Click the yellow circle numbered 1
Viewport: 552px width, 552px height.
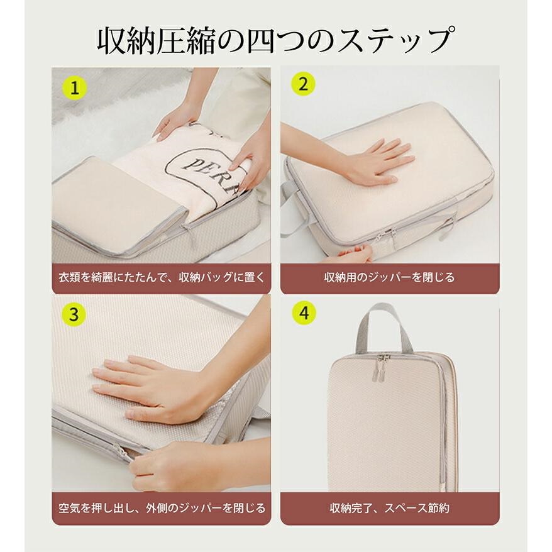pyautogui.click(x=74, y=88)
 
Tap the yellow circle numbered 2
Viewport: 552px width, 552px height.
pyautogui.click(x=303, y=84)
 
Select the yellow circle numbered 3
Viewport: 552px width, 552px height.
pyautogui.click(x=74, y=314)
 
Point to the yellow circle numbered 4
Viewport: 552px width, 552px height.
pyautogui.click(x=304, y=313)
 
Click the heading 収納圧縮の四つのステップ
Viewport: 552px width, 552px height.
pyautogui.click(x=275, y=41)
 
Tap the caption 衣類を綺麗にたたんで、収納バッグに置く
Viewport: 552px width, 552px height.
pyautogui.click(x=162, y=277)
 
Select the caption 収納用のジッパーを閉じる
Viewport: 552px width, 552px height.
pyautogui.click(x=389, y=277)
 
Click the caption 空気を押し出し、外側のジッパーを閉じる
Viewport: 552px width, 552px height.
pyautogui.click(x=162, y=508)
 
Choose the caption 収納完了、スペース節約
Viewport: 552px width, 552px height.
pyautogui.click(x=389, y=508)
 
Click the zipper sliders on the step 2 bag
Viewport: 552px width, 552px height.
pyautogui.click(x=388, y=235)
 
